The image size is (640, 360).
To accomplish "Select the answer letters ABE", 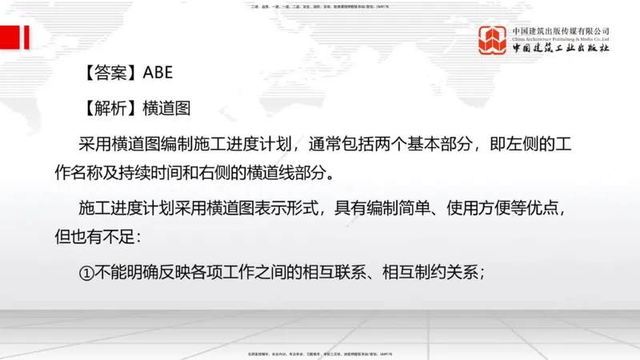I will [158, 73].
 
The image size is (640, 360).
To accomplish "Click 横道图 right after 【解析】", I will [166, 108].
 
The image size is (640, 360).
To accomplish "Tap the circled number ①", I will [87, 272].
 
